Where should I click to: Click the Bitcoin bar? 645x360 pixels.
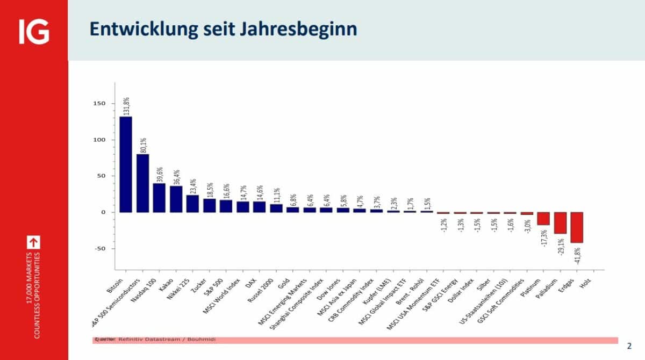(126, 164)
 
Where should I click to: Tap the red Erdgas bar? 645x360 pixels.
(577, 227)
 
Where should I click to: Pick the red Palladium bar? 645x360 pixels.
(561, 222)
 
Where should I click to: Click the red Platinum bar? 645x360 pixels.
(543, 218)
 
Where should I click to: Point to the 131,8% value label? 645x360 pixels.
(126, 106)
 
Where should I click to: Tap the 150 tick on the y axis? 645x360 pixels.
(101, 104)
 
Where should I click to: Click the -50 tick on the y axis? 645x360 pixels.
(101, 249)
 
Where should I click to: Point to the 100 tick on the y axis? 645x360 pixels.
(101, 140)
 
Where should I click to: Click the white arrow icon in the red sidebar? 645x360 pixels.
(37, 242)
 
